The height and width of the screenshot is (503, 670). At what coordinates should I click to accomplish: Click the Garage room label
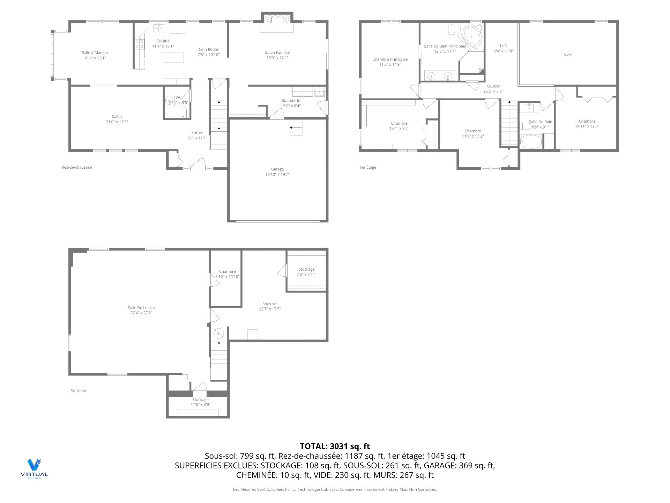point(277,169)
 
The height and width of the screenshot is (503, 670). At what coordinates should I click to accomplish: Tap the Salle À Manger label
point(95,53)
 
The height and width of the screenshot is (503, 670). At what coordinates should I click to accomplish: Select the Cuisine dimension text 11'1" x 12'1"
point(163,46)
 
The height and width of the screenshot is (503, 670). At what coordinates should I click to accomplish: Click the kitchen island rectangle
point(173,57)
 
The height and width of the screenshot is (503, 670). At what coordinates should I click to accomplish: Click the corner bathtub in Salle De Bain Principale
point(471,36)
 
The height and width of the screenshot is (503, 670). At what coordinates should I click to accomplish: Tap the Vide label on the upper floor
point(568,55)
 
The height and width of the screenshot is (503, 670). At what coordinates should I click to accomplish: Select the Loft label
point(504,46)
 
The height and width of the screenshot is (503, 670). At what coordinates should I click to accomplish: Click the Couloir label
point(493,86)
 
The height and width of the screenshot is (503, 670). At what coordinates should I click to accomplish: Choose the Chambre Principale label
point(390,59)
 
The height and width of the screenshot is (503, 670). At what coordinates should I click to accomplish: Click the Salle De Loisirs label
point(141,308)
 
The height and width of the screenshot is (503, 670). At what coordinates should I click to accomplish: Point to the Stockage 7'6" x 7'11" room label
point(306,269)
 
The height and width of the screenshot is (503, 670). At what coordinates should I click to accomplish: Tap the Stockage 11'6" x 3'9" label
point(200,400)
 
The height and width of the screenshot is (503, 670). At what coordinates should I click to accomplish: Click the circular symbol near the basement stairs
point(219,333)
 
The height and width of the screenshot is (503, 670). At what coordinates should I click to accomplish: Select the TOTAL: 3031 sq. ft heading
point(335,446)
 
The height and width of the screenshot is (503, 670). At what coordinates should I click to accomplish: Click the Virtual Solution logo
point(34,468)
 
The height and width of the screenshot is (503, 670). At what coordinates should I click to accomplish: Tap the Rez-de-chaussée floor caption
point(77,167)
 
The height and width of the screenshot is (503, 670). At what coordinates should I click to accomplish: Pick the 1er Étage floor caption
point(368,167)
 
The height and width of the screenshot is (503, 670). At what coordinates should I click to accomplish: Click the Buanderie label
point(291,101)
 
